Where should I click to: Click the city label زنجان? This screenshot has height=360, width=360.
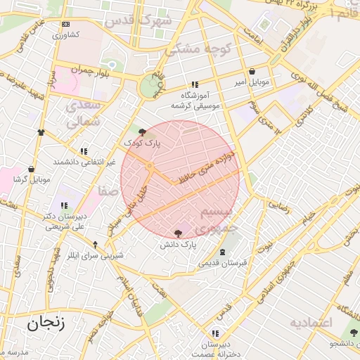46,324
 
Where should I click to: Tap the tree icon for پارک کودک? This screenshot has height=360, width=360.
143,131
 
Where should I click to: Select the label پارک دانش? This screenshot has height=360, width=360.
176,244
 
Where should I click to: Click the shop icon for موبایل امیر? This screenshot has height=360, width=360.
252,72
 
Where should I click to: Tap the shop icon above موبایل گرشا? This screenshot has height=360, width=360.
32,169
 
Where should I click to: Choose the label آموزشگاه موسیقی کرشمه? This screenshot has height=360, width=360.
195,100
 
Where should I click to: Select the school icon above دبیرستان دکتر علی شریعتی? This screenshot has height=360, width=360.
64,205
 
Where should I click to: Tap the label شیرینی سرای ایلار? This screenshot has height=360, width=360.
96,255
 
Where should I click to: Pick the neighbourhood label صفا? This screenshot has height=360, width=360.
108,191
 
